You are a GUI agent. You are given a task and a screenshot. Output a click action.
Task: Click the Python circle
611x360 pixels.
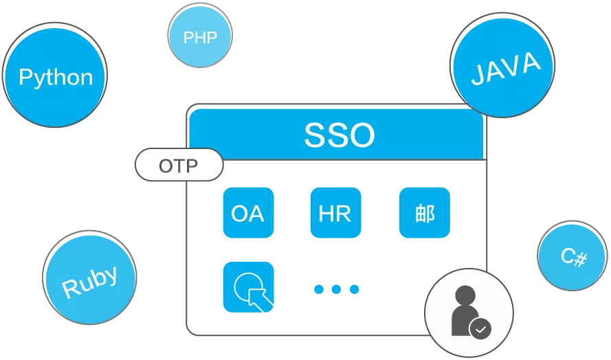(x=55, y=75)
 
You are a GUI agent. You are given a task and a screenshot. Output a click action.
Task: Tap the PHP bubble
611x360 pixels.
(x=200, y=36)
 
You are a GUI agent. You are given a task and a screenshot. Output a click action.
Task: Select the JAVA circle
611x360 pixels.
(x=502, y=65)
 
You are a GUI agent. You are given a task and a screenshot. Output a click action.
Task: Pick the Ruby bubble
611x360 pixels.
(x=89, y=278)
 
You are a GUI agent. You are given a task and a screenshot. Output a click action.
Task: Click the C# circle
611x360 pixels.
(x=573, y=256)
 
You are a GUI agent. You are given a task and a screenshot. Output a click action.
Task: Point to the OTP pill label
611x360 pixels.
(x=179, y=165)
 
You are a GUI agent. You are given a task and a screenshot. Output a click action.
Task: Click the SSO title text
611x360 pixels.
(x=339, y=135)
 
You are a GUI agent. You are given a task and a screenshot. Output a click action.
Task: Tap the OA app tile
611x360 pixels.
(x=248, y=213)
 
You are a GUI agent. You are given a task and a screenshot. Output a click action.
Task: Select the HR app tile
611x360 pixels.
(x=335, y=213)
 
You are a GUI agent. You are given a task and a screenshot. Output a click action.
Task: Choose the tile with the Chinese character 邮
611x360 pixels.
(x=424, y=213)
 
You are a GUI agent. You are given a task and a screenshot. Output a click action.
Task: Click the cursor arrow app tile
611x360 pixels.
(x=248, y=287)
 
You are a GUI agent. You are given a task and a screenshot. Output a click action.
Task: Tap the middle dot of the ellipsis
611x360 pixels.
(x=336, y=289)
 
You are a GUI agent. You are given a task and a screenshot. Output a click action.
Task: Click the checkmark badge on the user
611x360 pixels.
(x=480, y=328)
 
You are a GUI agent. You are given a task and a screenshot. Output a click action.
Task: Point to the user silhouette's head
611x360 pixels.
(x=465, y=296)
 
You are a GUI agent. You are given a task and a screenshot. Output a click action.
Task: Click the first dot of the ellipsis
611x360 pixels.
(x=319, y=289)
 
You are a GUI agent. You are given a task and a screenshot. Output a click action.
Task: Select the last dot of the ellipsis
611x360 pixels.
(x=354, y=289)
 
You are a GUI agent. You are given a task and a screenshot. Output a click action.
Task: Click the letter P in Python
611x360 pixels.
(x=26, y=76)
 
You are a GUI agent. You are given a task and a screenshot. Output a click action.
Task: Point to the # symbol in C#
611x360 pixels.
(x=580, y=260)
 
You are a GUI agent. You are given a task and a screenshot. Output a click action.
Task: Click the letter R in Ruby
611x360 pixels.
(x=69, y=288)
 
